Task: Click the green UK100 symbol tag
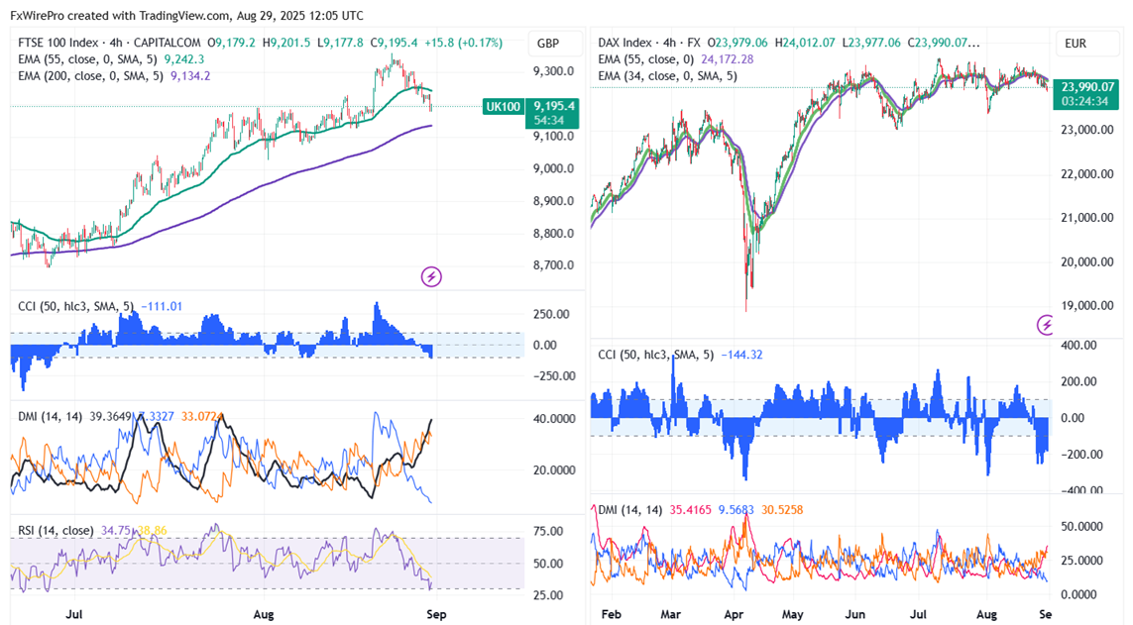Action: click(503, 106)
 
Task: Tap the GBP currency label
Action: click(547, 44)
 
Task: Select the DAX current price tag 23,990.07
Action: click(1087, 86)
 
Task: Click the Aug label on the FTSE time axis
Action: click(263, 614)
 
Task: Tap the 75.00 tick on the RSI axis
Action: click(548, 531)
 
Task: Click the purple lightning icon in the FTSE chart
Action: click(430, 276)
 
